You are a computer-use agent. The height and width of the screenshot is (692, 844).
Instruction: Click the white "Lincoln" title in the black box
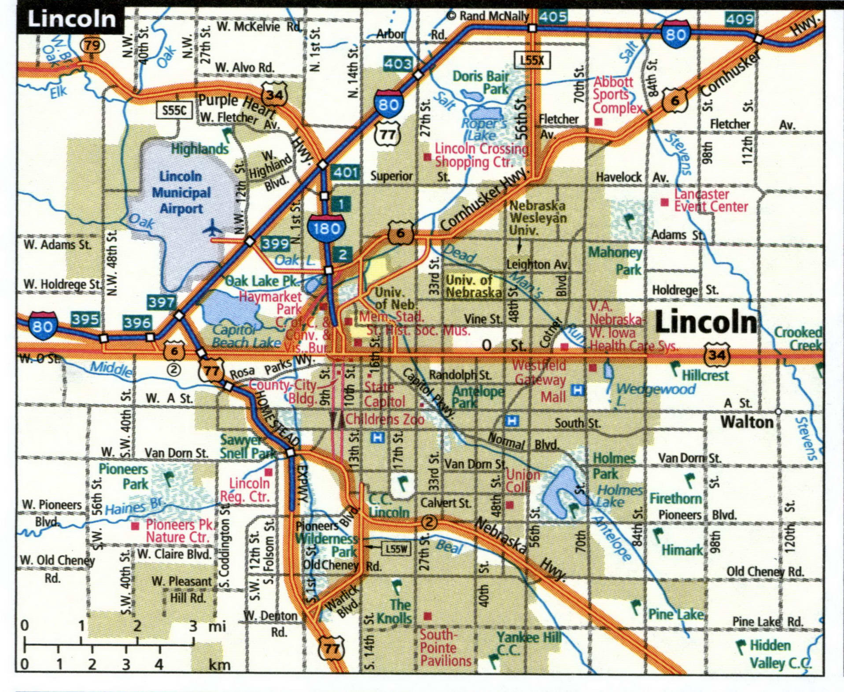pos(71,19)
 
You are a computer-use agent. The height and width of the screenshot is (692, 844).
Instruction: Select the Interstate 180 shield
pos(327,228)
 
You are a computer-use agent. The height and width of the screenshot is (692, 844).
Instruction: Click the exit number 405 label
pos(553,17)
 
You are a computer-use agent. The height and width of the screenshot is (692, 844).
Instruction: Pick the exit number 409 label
pos(740,19)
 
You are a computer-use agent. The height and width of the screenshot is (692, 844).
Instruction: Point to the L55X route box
pos(532,60)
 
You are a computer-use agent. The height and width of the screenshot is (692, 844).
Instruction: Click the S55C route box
pos(174,110)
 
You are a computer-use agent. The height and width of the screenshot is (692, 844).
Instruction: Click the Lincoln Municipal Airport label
pos(181,192)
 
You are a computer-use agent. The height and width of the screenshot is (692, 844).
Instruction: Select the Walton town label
pos(747,422)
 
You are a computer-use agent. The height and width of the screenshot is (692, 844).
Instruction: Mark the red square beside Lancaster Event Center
pos(664,202)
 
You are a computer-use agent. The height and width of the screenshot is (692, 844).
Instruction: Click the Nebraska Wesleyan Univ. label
pos(537,217)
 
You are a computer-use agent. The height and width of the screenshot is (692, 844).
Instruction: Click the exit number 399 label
pos(275,243)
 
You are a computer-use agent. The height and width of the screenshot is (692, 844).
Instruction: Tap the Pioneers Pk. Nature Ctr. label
pos(178,531)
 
